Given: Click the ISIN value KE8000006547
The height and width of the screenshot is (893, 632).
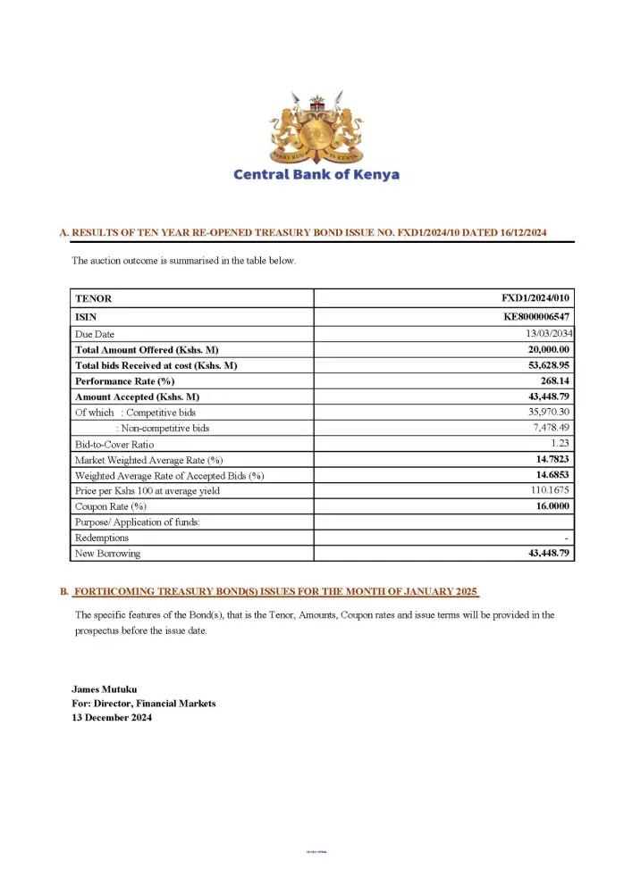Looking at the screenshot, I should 536,316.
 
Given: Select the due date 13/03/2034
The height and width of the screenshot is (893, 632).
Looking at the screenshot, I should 545,333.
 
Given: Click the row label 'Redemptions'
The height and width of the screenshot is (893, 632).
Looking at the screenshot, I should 102,538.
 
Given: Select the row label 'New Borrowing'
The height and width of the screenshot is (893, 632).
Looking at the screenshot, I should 108,554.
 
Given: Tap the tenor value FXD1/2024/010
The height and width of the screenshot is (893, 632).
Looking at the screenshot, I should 535,298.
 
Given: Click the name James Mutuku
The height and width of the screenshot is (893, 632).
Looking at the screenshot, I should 104,689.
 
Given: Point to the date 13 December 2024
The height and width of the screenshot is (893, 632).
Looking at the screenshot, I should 112,717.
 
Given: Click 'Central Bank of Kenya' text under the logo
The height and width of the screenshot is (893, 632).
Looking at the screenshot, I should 316,175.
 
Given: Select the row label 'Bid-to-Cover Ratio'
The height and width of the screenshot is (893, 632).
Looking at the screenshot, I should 114,444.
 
